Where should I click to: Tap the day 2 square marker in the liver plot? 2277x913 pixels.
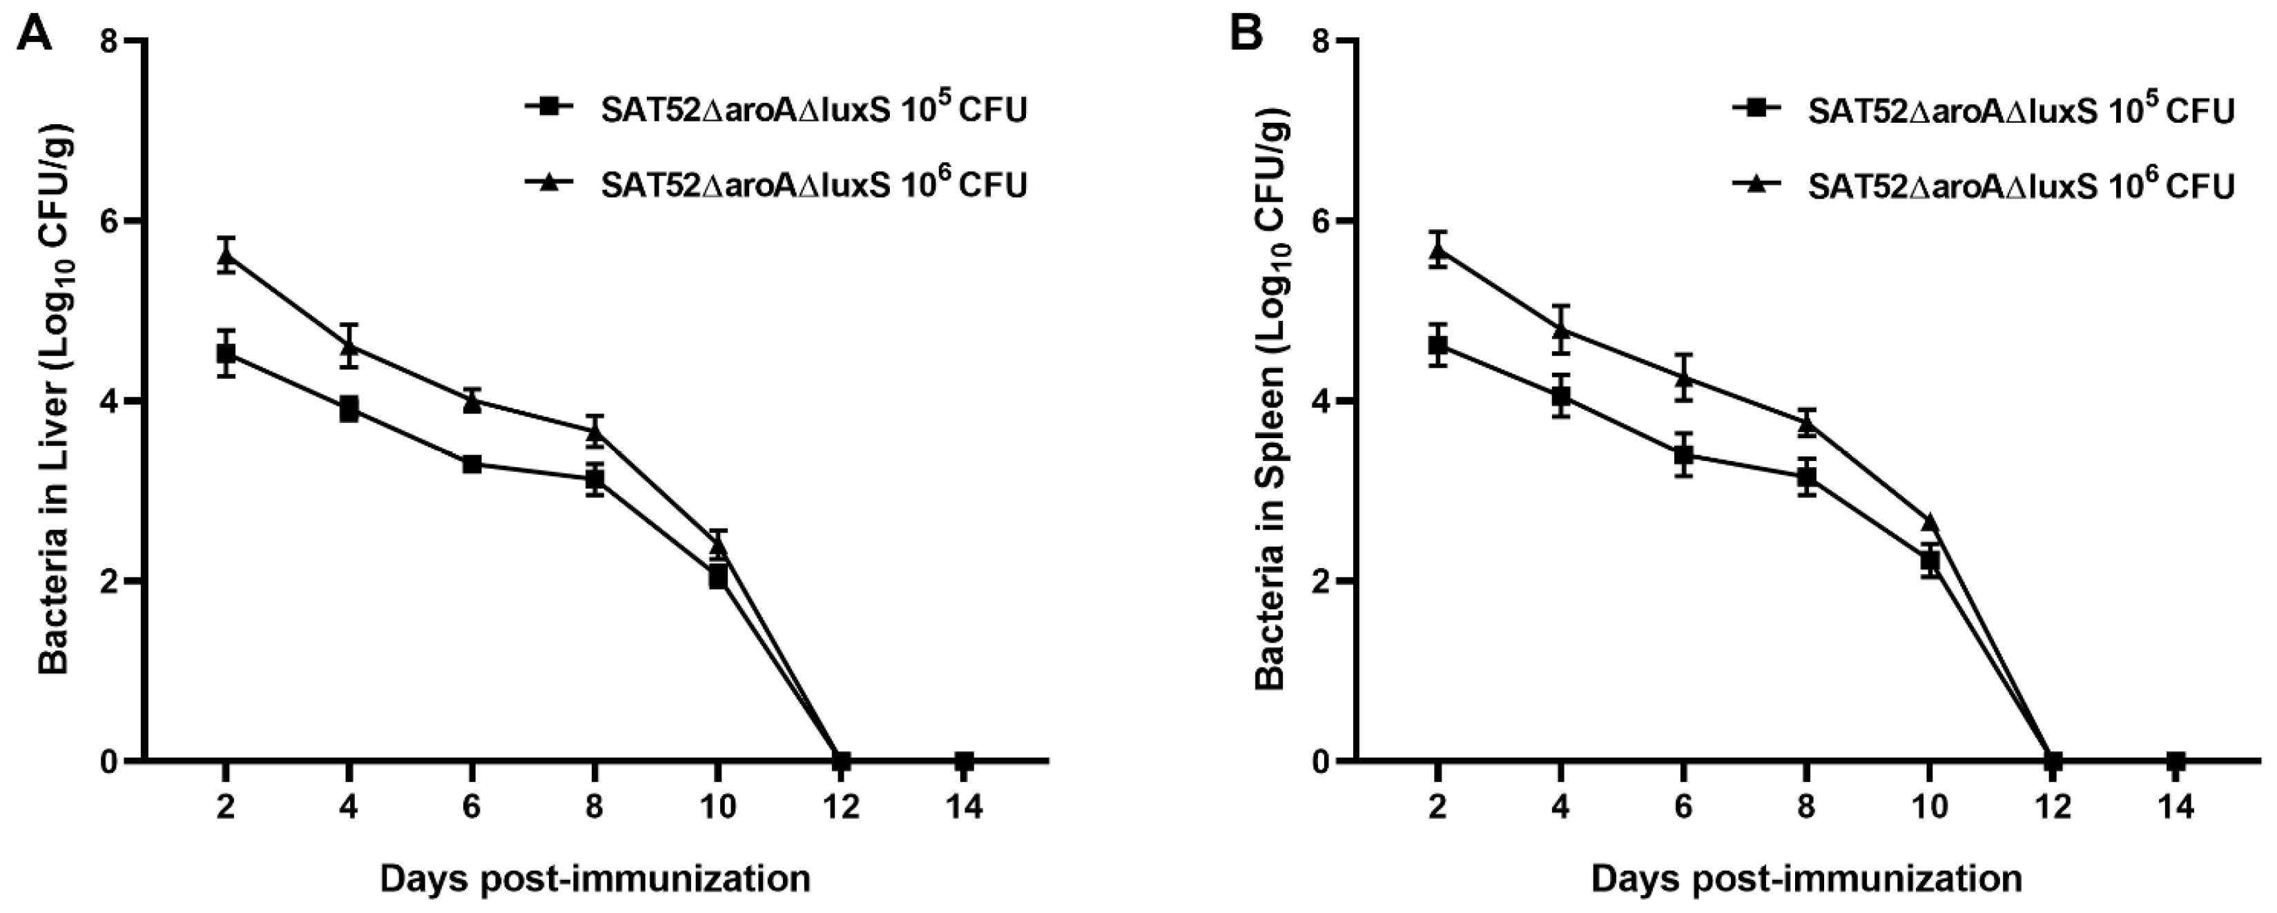(226, 353)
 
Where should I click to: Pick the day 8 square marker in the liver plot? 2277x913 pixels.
(595, 480)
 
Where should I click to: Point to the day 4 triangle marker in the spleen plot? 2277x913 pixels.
(1561, 331)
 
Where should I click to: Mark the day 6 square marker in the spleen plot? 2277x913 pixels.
(1684, 456)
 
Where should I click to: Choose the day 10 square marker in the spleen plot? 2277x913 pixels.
(1930, 560)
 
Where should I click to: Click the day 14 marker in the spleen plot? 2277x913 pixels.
(2176, 760)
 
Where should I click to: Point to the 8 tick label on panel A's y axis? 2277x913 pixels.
(110, 41)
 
